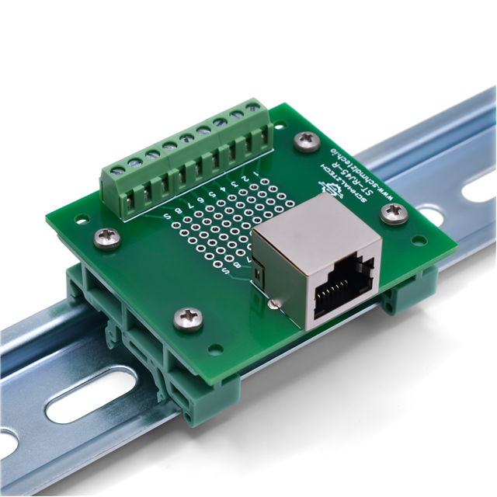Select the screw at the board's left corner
pyautogui.click(x=106, y=238)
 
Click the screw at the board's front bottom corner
pyautogui.click(x=189, y=316)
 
